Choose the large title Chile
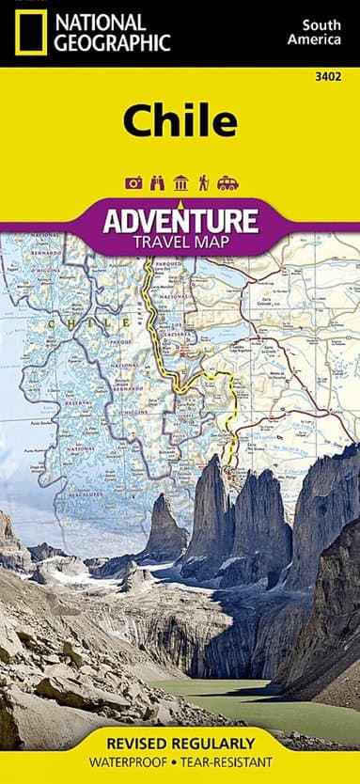pyautogui.click(x=179, y=120)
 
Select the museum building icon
pyautogui.click(x=180, y=182)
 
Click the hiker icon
pyautogui.click(x=203, y=182)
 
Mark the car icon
pyautogui.click(x=227, y=182)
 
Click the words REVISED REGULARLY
pyautogui.click(x=180, y=743)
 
